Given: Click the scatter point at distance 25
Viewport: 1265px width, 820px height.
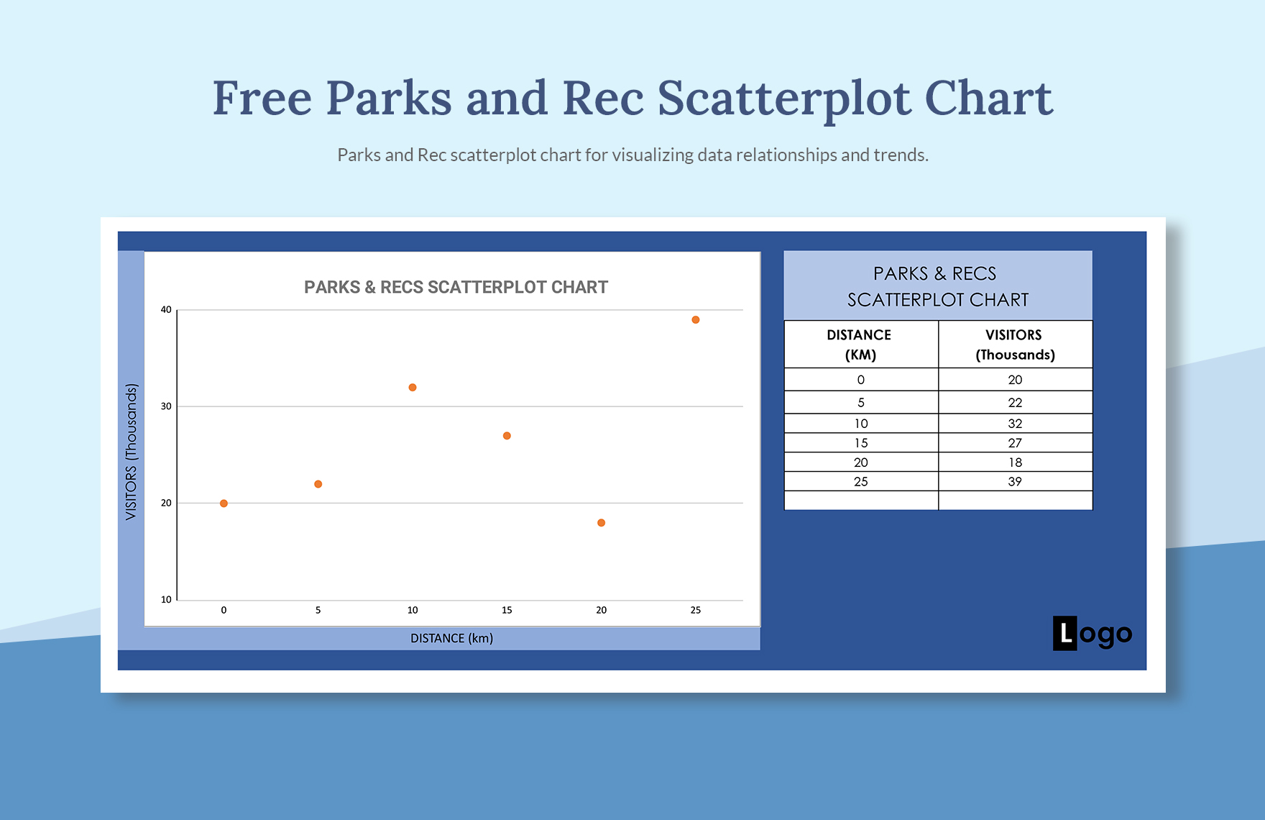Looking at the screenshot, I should pos(696,320).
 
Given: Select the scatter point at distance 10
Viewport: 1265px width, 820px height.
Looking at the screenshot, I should pos(413,388).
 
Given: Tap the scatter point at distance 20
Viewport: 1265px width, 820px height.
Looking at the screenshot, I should pos(602,523).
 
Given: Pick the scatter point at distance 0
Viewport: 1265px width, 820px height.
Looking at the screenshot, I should pos(224,504).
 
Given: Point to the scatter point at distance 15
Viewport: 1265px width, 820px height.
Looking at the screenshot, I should pos(507,436).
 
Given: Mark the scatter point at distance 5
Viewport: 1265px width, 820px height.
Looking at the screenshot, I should pos(318,484).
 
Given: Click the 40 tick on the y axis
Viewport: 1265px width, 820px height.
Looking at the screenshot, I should pos(166,310).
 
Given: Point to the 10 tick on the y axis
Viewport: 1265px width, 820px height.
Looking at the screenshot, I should pos(166,600).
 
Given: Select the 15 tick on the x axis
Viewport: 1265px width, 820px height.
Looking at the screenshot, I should pos(507,610).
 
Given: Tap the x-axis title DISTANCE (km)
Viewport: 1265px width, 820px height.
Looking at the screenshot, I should pos(451,638).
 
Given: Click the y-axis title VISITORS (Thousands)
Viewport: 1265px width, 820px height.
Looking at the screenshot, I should pos(131,452).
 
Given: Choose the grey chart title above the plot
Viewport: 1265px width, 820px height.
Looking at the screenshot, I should pos(456,287).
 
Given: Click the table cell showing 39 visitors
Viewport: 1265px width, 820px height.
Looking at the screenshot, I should pos(1015,482).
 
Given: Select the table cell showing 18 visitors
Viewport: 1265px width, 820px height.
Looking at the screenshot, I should pos(1015,463).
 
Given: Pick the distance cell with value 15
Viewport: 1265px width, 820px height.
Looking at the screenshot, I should pos(861,443).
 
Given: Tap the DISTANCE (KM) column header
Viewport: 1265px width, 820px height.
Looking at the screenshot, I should pos(860,345).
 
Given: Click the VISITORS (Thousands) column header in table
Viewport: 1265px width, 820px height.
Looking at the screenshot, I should pos(1015,345).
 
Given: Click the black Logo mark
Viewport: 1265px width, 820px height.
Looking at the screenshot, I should pos(1092,634).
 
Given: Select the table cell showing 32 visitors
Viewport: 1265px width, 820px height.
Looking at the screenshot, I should pos(1015,424).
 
